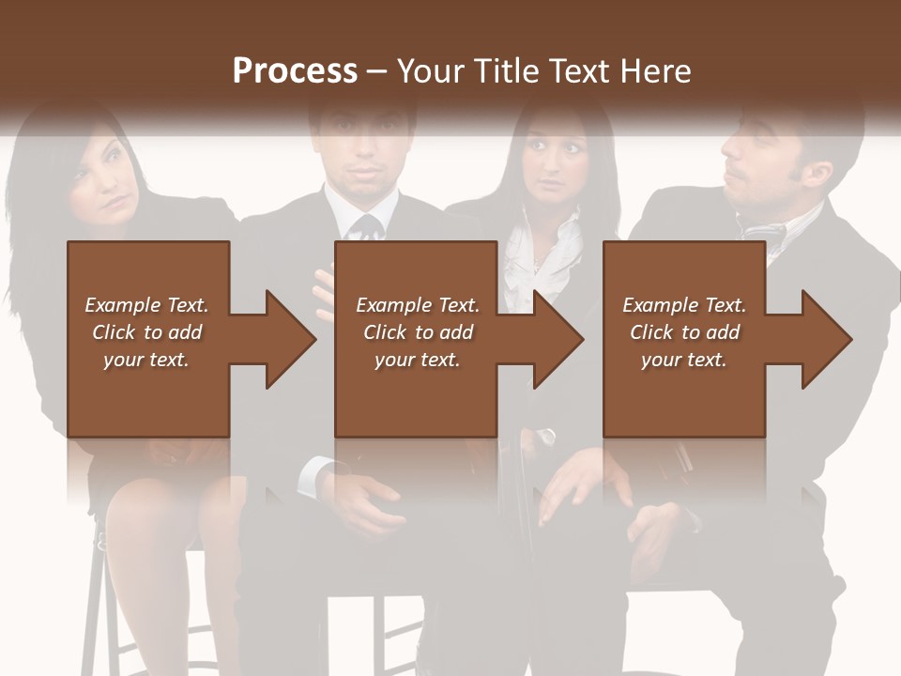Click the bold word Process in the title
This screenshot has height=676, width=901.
(295, 70)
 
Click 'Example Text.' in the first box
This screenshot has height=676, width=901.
(146, 305)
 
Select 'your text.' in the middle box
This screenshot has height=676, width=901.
(417, 360)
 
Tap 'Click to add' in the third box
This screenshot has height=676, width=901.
(684, 332)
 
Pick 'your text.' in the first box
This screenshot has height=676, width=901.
(146, 360)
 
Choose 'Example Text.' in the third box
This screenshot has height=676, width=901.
(684, 305)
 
